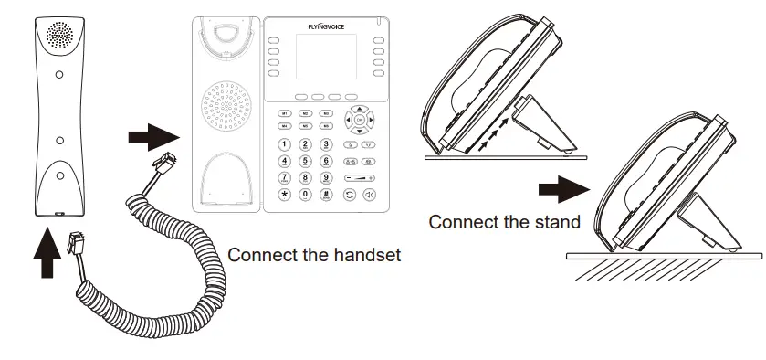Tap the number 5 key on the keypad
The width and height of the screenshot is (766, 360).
point(305,161)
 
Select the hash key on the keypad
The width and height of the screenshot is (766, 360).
point(326,195)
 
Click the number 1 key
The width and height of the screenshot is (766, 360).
point(285,144)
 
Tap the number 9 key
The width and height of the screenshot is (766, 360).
point(326,177)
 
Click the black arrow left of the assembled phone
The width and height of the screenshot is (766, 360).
point(558,192)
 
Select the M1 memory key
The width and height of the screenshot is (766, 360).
point(285,113)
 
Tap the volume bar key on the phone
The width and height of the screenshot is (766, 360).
point(357,178)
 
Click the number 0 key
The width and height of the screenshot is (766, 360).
point(305,195)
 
